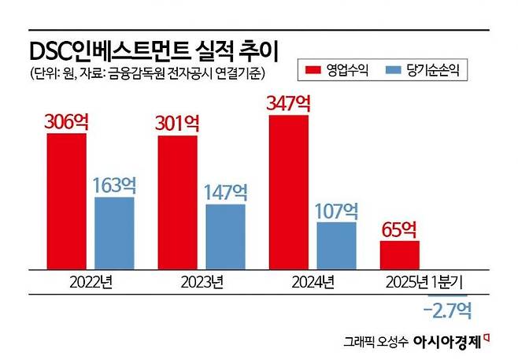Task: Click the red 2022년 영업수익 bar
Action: pyautogui.click(x=66, y=200)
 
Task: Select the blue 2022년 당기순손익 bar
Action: pyautogui.click(x=114, y=232)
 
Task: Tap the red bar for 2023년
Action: pyautogui.click(x=177, y=202)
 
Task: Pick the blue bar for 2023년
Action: pyautogui.click(x=225, y=236)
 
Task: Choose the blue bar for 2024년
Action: pyautogui.click(x=336, y=244)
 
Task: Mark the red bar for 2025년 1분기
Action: pyautogui.click(x=399, y=254)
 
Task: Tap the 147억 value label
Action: pyautogui.click(x=226, y=192)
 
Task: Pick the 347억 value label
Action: pyautogui.click(x=289, y=103)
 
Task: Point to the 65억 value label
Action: pyautogui.click(x=400, y=229)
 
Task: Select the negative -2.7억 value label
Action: pyautogui.click(x=447, y=311)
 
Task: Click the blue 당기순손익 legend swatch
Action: pyautogui.click(x=393, y=72)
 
